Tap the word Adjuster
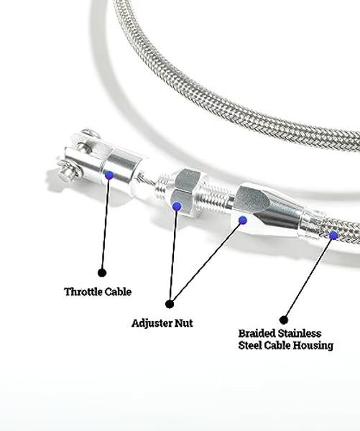tap(152, 323)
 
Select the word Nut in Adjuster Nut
tap(184, 323)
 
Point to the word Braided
tap(257, 333)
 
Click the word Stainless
tap(300, 333)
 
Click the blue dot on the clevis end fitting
tap(109, 175)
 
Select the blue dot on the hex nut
tap(177, 206)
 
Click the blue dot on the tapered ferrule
tap(243, 221)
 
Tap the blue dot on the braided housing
tap(333, 236)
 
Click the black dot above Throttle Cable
tap(102, 273)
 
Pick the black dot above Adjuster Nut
tap(170, 304)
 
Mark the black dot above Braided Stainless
tap(284, 320)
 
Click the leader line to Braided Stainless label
tap(308, 277)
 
